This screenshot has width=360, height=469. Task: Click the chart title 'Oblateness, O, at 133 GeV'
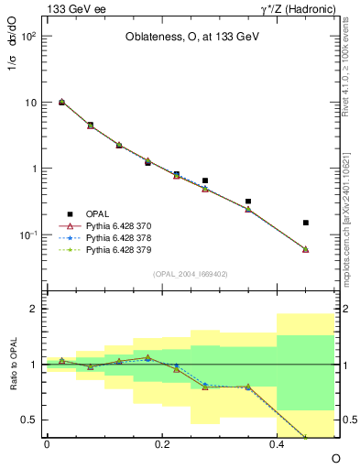[190, 38]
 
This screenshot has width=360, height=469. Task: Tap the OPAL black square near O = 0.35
[248, 201]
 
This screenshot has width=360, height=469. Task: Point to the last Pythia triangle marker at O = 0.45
[306, 249]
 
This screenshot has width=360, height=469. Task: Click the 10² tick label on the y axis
[29, 37]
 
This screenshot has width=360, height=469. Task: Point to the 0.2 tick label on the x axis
[162, 444]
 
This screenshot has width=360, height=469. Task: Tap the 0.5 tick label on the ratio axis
[29, 420]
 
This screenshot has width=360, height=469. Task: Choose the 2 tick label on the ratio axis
[34, 309]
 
